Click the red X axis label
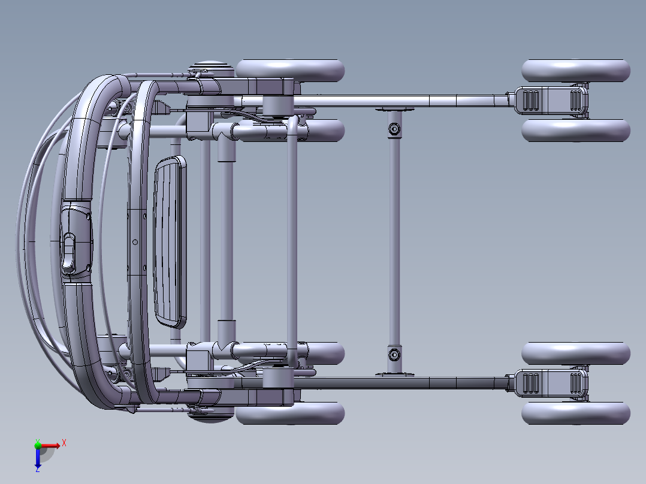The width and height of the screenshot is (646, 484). coord(64,443)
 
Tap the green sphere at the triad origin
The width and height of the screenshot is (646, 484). coord(38,445)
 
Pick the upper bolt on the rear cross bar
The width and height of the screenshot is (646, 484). coord(394,129)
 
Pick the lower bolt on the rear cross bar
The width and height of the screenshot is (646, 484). coord(394,355)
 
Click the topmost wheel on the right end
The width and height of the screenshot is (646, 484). coord(575,70)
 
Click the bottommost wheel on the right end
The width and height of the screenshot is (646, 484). coord(575,413)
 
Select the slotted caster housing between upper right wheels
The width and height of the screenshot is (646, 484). coord(550,100)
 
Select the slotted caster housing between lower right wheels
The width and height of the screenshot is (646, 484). coord(550,383)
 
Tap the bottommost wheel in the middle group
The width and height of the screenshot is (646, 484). coord(291,413)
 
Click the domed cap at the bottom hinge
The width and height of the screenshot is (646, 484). coord(210,416)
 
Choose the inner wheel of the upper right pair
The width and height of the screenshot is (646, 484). coord(575,130)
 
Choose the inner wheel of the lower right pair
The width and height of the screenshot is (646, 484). coord(575,353)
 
